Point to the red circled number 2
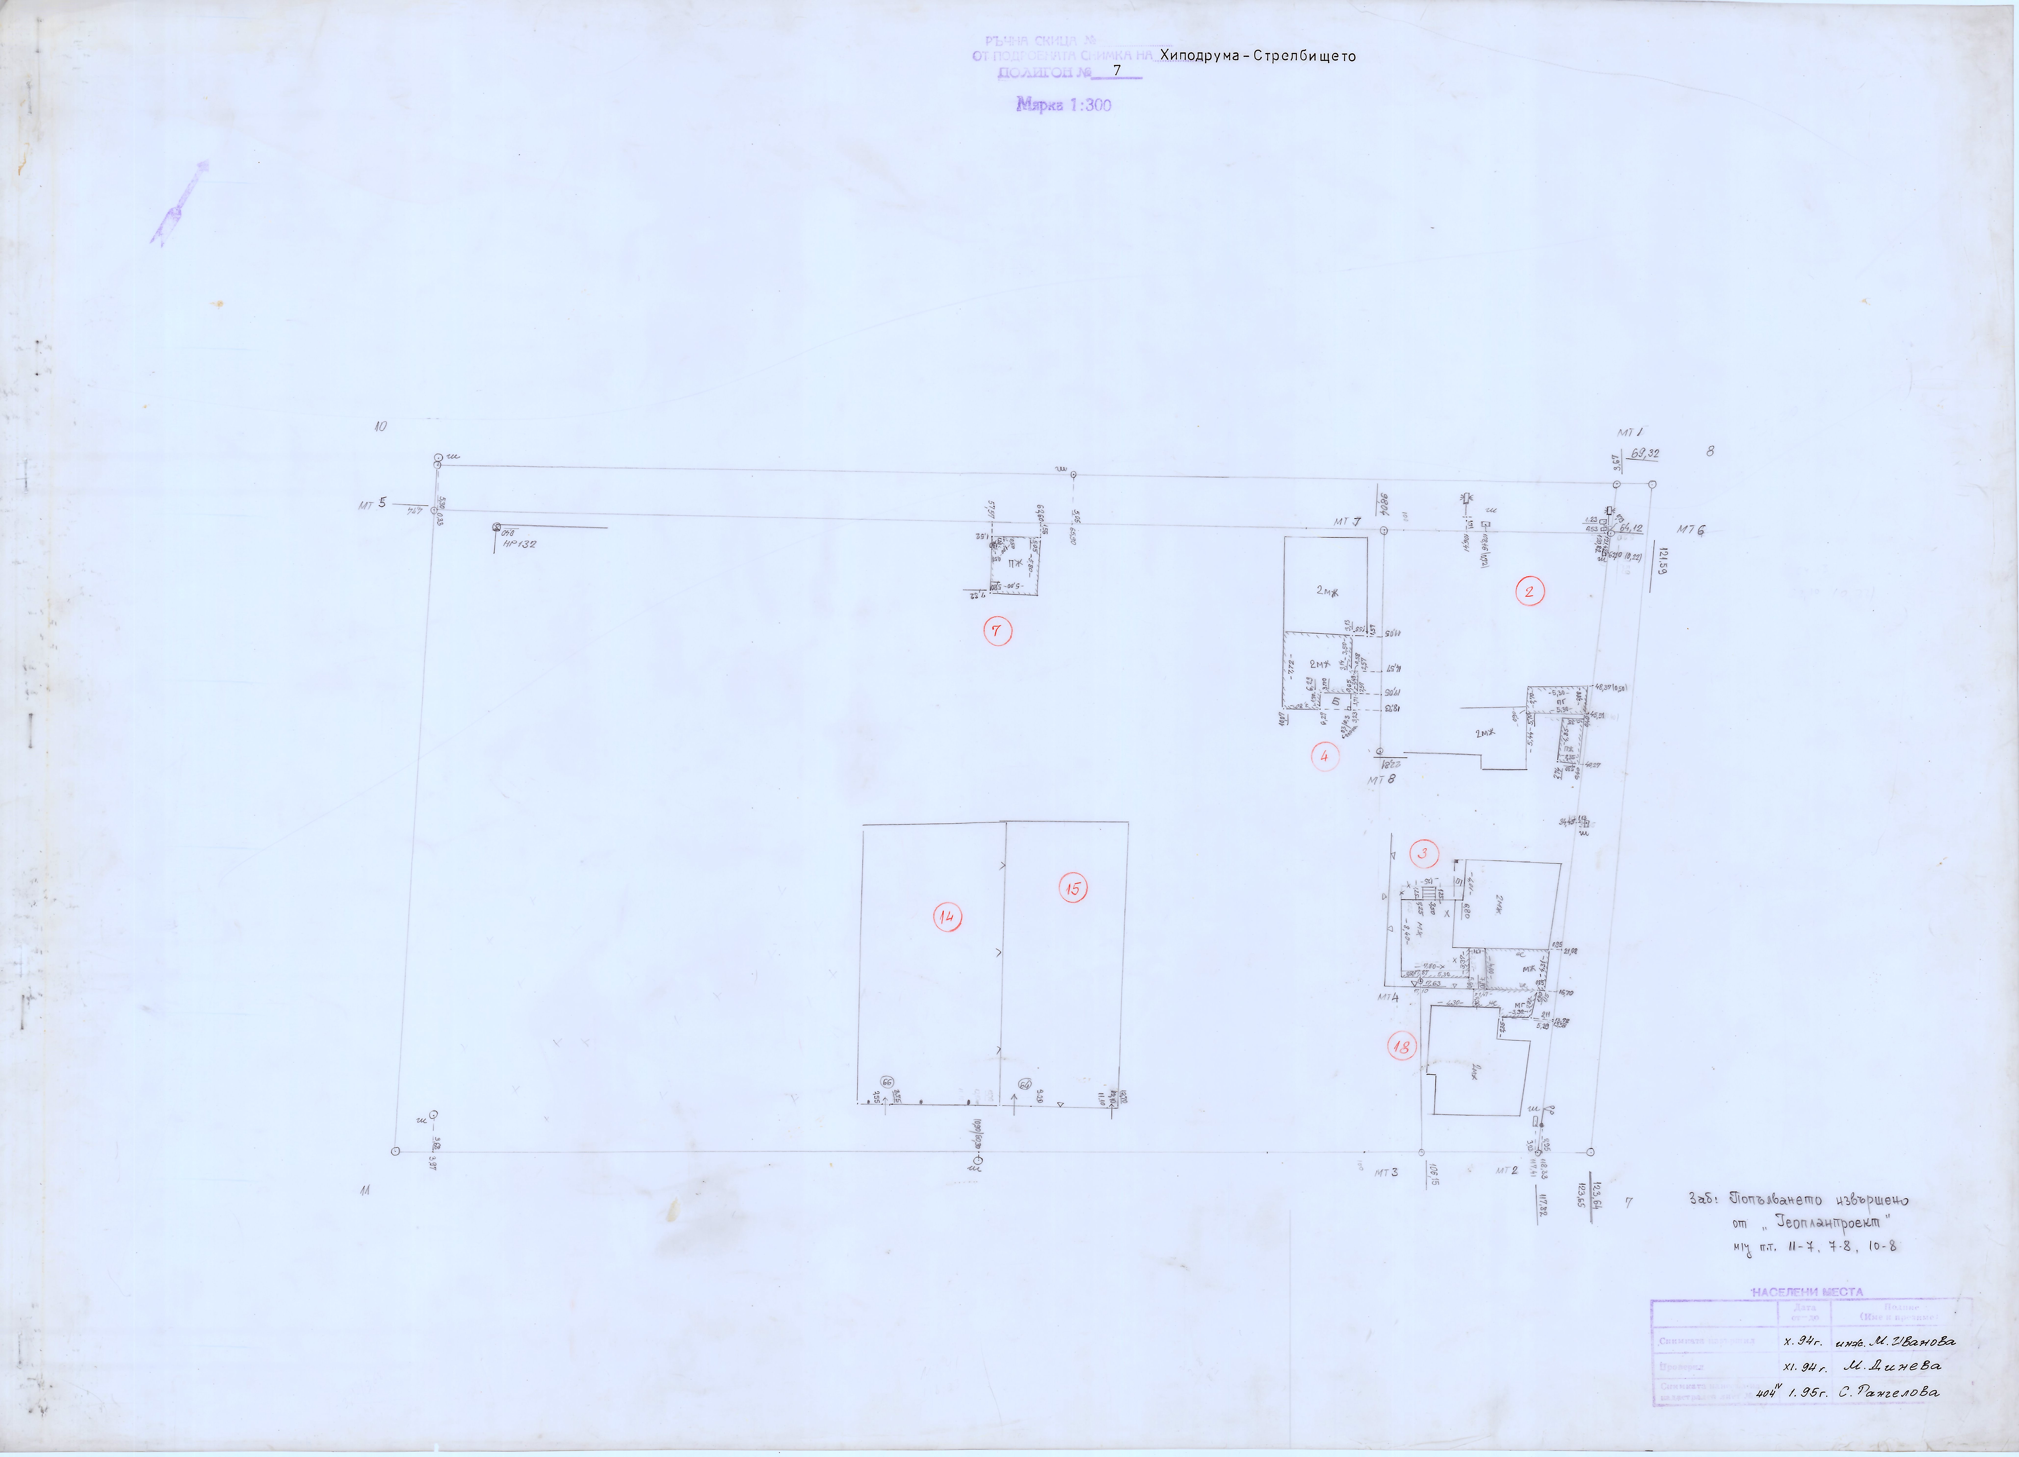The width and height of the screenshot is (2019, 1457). click(1529, 592)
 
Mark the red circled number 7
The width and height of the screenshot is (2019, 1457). click(997, 632)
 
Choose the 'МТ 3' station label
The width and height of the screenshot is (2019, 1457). click(1386, 1172)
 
